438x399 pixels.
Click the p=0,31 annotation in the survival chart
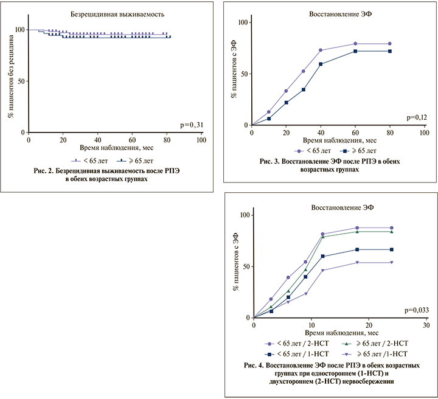coord(194,125)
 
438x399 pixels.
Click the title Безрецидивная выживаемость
coord(115,12)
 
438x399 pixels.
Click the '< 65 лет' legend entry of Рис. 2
coord(89,160)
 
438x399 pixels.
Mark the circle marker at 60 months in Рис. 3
coord(355,44)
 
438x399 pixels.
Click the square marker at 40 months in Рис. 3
coord(321,64)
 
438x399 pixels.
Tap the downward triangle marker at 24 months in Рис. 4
coord(391,262)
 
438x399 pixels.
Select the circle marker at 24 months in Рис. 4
coord(391,227)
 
